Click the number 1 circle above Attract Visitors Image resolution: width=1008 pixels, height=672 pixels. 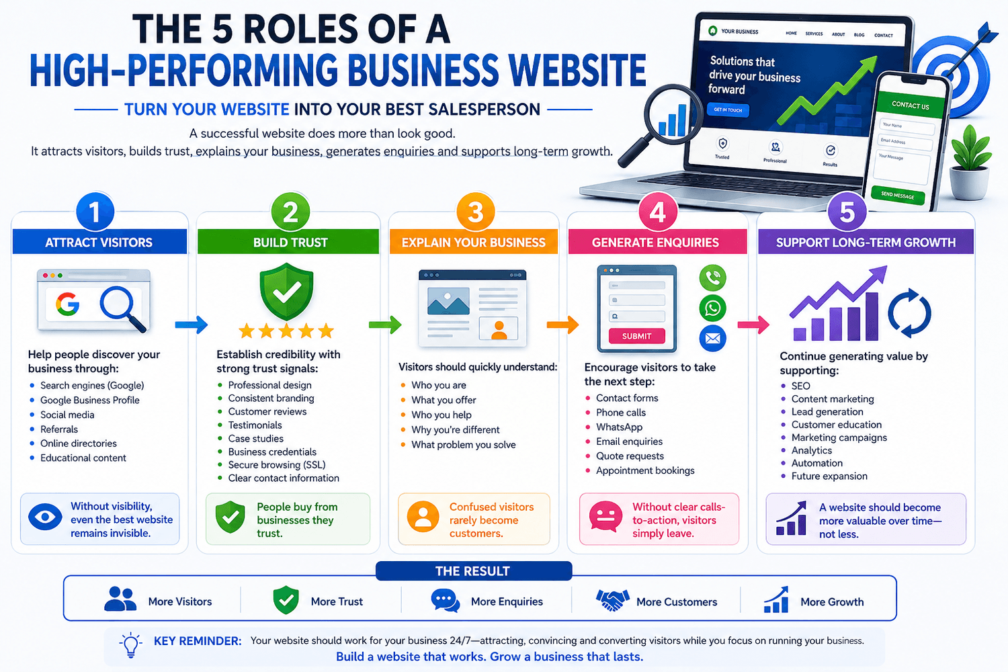click(x=95, y=212)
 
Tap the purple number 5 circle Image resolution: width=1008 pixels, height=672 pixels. click(x=847, y=212)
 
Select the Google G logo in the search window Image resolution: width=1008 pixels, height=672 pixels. click(x=68, y=304)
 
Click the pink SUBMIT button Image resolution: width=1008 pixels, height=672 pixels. click(x=636, y=336)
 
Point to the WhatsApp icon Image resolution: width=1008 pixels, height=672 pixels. click(x=713, y=308)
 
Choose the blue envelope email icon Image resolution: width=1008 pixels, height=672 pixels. click(x=713, y=338)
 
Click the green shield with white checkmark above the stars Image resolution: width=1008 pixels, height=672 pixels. click(x=287, y=292)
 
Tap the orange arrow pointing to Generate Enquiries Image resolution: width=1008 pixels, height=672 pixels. click(x=562, y=325)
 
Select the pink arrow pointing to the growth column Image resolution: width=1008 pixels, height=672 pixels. click(x=753, y=325)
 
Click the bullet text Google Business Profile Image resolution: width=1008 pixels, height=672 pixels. click(x=89, y=400)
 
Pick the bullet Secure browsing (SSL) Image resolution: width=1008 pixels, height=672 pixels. click(x=276, y=465)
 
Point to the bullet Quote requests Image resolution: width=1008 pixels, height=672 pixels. click(x=630, y=456)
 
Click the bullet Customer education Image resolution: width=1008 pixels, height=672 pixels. click(x=836, y=425)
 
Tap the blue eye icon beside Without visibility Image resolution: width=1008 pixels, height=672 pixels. click(x=45, y=517)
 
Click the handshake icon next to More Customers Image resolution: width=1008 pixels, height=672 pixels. click(x=612, y=601)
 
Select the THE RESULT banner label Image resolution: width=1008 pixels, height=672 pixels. click(x=472, y=571)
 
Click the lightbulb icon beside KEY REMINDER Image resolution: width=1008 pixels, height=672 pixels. click(x=130, y=645)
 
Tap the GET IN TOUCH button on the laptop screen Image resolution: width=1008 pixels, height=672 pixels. click(x=728, y=110)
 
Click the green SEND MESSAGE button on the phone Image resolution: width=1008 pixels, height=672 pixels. click(x=897, y=196)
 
